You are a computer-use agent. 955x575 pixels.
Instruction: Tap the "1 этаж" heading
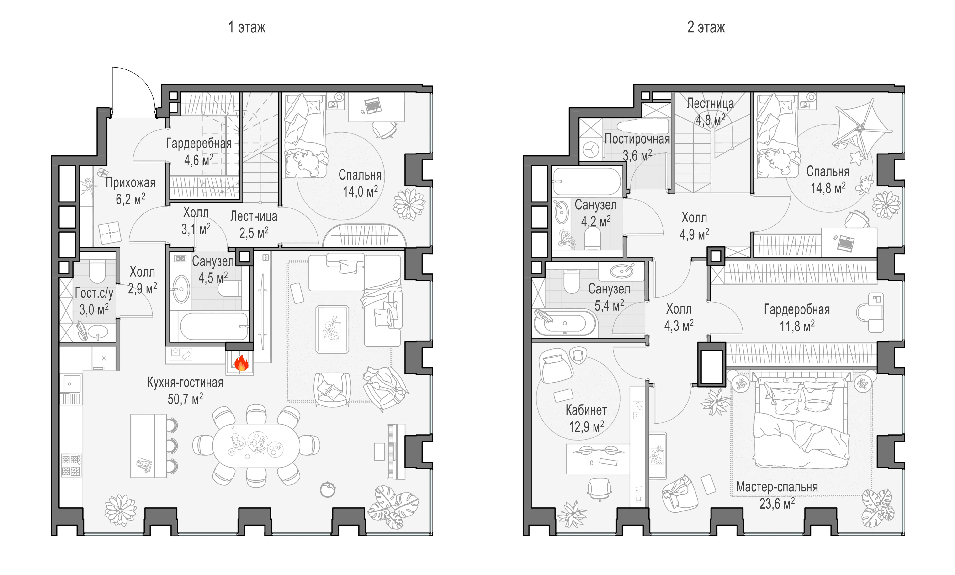[x=247, y=27]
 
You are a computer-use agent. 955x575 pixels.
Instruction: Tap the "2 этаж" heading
[x=706, y=27]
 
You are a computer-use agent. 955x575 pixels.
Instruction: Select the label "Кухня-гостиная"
[x=185, y=383]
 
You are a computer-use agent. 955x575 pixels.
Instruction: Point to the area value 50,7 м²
[x=185, y=399]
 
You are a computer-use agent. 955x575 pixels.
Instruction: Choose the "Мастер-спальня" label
[x=777, y=487]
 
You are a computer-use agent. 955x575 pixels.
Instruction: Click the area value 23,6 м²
[x=777, y=503]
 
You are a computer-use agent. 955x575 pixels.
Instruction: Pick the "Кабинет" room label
[x=586, y=410]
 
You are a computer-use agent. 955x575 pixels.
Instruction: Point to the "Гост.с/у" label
[x=94, y=293]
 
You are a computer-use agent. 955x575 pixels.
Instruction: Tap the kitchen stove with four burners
[x=71, y=465]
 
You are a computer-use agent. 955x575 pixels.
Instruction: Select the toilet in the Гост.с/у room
[x=97, y=271]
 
